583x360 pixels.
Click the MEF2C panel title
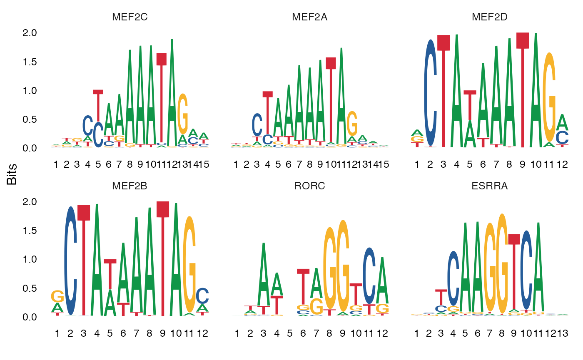point(130,17)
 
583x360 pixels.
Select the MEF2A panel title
point(309,17)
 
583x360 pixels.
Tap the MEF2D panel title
point(489,17)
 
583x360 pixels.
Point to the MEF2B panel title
point(130,186)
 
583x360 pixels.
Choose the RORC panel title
point(309,186)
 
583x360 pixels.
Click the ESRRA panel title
point(489,186)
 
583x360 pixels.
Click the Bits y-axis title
point(12,175)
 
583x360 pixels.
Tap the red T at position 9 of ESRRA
point(514,271)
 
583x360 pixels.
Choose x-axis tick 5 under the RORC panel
point(290,333)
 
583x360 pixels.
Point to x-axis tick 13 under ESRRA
point(563,333)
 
